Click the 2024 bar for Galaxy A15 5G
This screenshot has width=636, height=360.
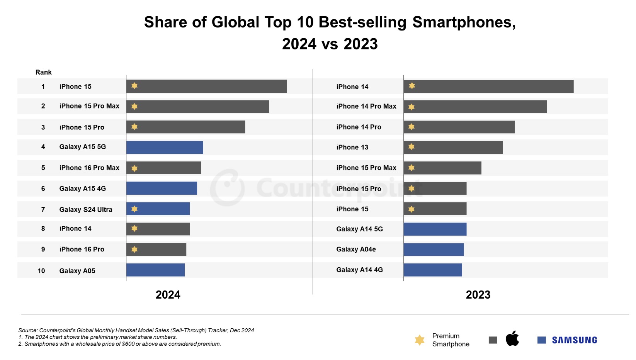(165, 147)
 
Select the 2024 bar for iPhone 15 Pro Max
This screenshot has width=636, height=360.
(197, 107)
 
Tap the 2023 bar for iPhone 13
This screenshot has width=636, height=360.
(453, 147)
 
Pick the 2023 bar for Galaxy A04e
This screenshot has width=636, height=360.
(434, 250)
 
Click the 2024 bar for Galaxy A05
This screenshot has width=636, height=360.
(155, 270)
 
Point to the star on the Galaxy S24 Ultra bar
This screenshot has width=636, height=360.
(134, 209)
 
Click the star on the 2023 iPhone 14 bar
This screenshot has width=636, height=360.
(412, 86)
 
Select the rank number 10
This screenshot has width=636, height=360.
(41, 271)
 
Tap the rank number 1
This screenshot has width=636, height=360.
(43, 87)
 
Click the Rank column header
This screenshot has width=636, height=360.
(43, 72)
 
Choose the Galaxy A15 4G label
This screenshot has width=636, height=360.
(82, 188)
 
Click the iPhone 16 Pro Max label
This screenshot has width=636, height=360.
(89, 168)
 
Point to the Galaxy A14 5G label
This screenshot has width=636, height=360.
(359, 229)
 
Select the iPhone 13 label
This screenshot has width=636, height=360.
(352, 147)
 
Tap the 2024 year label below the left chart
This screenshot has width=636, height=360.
(168, 295)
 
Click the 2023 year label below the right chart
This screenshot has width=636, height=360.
(478, 295)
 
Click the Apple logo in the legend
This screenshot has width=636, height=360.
(512, 338)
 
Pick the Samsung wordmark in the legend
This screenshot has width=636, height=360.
(574, 340)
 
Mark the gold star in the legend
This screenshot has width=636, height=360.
(419, 340)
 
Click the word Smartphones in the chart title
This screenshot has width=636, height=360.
(464, 22)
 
